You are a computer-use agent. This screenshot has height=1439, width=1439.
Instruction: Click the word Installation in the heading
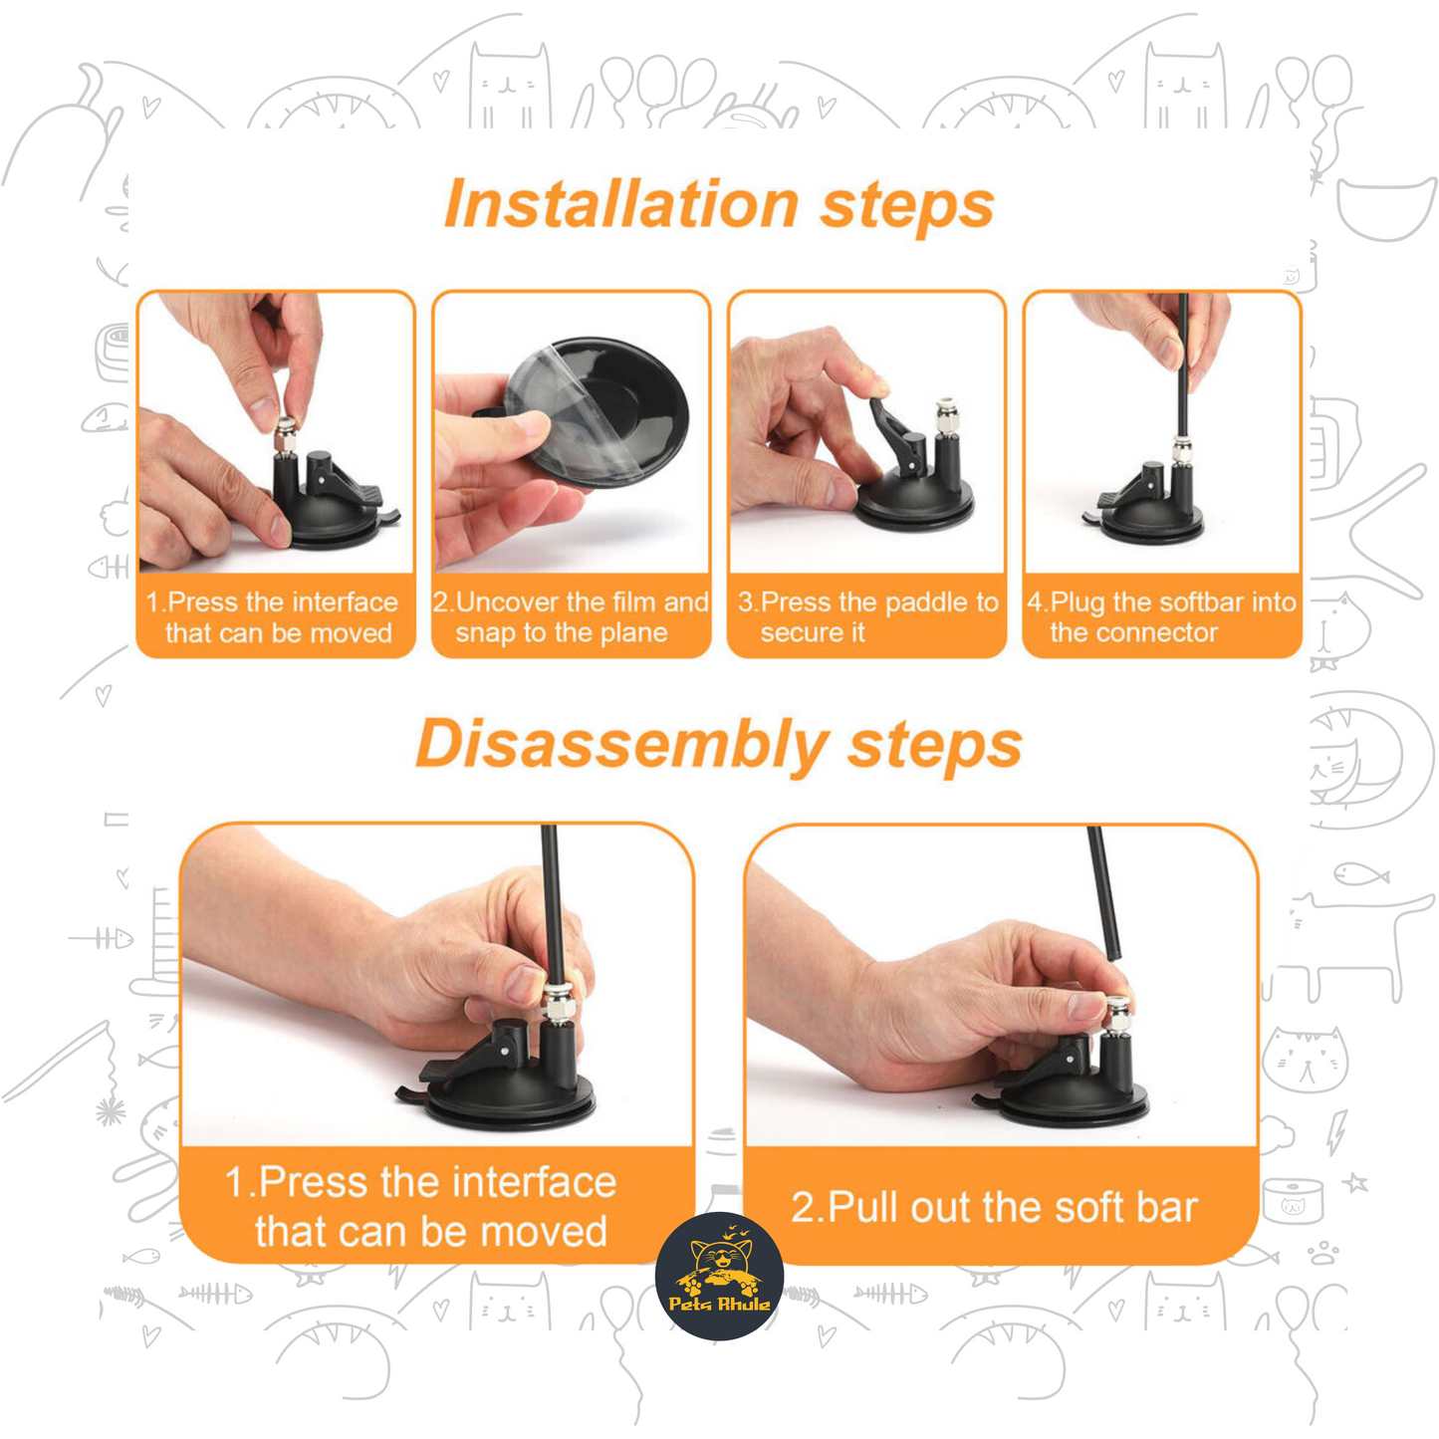tap(621, 204)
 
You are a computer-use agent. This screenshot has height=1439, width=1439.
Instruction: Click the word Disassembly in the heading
tap(621, 746)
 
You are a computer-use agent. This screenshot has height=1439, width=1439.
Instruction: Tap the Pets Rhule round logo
tap(719, 1276)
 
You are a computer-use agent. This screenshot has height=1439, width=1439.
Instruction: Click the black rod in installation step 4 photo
tap(1183, 364)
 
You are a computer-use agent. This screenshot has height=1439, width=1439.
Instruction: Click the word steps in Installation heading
tap(906, 207)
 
